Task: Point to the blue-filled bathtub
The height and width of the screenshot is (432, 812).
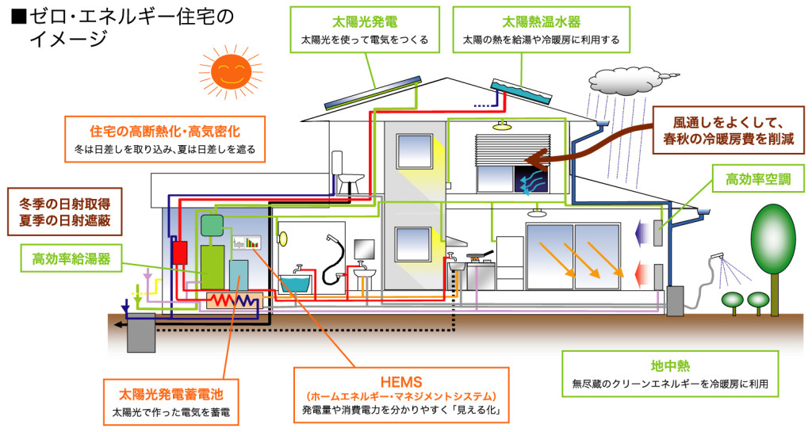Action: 305,281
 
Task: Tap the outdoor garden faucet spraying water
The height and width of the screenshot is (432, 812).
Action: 718,257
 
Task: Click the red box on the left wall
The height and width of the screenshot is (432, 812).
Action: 180,252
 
